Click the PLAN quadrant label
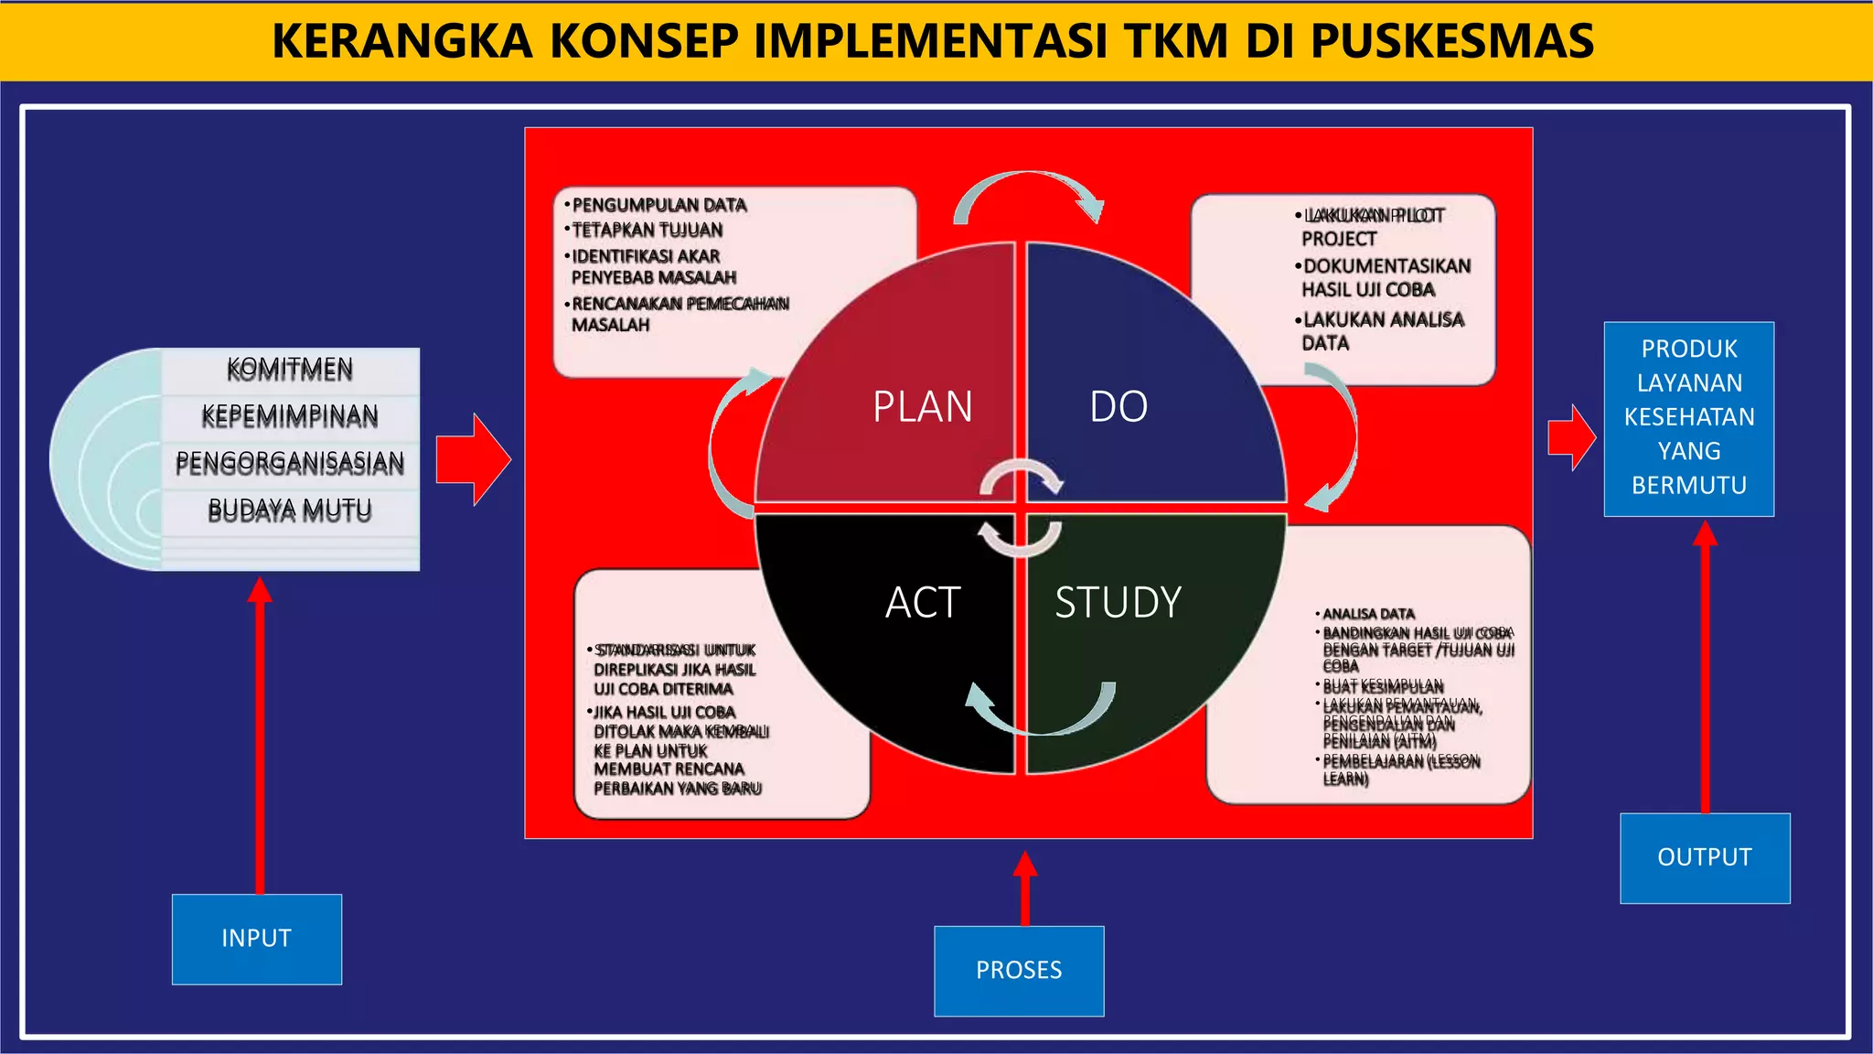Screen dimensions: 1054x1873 [922, 407]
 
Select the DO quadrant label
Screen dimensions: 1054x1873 [1118, 407]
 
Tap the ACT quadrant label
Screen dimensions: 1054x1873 [922, 603]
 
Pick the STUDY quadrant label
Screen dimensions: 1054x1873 [1118, 603]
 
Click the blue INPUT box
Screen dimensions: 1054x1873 [257, 939]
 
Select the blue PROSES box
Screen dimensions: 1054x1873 [1019, 971]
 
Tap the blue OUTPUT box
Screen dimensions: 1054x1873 [1705, 857]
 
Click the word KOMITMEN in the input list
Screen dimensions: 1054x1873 [290, 369]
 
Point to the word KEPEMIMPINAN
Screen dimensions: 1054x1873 [290, 416]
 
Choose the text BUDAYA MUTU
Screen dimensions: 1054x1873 [290, 510]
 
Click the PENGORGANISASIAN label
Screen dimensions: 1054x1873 [290, 462]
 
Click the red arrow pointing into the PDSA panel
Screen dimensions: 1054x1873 [473, 459]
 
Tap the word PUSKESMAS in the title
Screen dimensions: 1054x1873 [1452, 41]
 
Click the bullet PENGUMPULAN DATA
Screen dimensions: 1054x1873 [658, 205]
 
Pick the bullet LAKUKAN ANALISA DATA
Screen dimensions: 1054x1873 [1383, 330]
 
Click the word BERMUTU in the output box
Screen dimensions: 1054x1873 [1689, 485]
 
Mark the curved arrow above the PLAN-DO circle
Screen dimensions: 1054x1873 [1029, 192]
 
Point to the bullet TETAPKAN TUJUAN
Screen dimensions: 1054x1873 [647, 230]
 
